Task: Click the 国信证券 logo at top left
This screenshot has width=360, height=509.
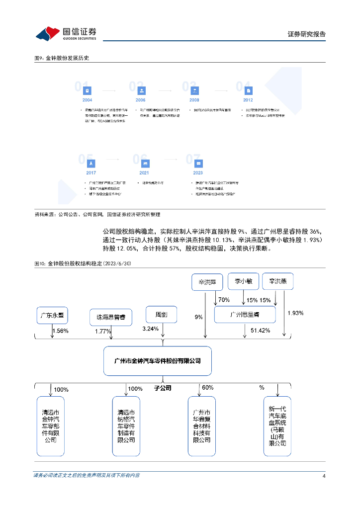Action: coord(66,33)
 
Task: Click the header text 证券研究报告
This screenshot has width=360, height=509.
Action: coord(307,34)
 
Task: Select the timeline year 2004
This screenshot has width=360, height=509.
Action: coord(88,100)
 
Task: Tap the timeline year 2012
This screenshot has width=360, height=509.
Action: coord(248,100)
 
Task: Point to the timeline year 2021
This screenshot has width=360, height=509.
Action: coord(144,172)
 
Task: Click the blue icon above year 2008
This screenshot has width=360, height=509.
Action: coord(194,90)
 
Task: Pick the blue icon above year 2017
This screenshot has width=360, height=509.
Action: coord(91,164)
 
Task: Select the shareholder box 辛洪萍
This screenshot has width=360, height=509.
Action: coord(207,282)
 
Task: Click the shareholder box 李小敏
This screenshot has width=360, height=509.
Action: coord(244,282)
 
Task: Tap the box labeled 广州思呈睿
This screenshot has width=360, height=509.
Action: coord(245,315)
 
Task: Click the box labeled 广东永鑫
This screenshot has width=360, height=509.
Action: coord(53,315)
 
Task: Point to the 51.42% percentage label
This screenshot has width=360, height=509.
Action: coord(260,331)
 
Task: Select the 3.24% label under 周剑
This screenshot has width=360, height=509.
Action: coord(150,329)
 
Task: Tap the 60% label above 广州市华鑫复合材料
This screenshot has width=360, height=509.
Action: coord(207,388)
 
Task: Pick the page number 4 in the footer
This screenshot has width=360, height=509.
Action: coord(324,476)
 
